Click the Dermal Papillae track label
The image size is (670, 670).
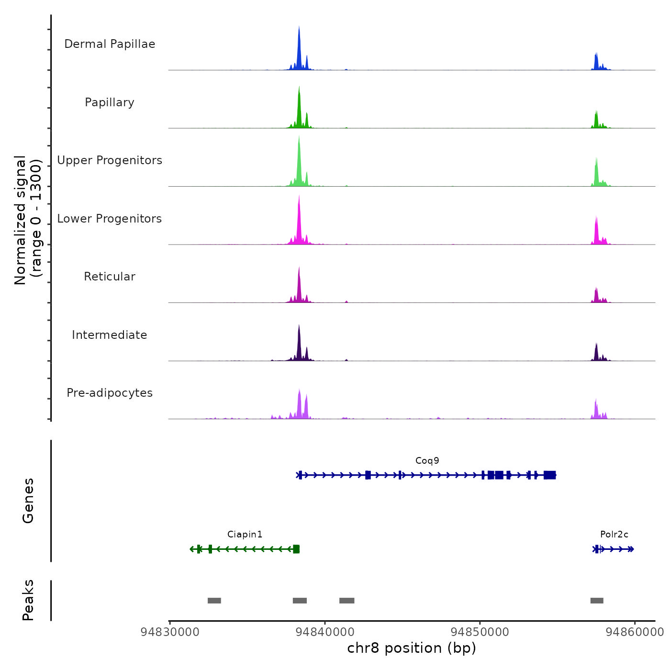point(110,44)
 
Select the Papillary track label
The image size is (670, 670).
point(110,102)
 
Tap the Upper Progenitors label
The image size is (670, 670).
point(110,160)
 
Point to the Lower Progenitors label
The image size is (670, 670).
point(110,219)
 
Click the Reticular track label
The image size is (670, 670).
point(110,277)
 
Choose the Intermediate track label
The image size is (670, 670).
point(110,335)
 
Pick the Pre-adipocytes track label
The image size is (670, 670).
point(110,393)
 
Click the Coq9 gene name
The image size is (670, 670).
point(427,461)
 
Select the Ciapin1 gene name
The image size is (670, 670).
point(245,535)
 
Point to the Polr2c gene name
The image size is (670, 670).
point(614,535)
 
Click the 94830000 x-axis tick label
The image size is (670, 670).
point(170,632)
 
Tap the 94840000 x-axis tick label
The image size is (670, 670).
point(325,632)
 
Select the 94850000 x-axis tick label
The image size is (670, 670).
point(480,632)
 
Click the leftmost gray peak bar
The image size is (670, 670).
point(214,601)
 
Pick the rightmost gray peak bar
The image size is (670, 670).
point(597,601)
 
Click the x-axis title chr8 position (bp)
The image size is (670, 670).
point(412,648)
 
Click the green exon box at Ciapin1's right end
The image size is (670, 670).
point(296,549)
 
